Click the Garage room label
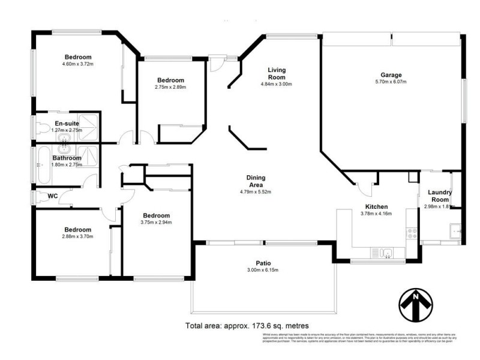point(391,75)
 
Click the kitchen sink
point(387,252)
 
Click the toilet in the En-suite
point(41,128)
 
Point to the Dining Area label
point(256,181)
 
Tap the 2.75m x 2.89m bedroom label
point(170,80)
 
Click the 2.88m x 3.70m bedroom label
point(78,230)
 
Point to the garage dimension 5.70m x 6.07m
point(391,82)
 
